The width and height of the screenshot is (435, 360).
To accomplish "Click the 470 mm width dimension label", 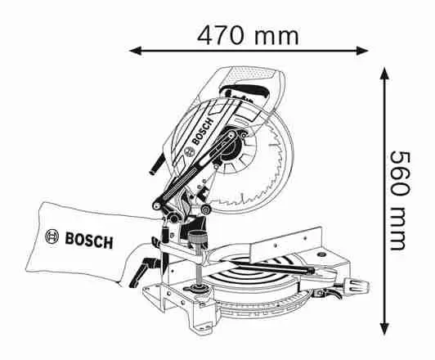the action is [248, 35].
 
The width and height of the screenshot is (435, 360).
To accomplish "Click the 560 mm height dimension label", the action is [401, 200].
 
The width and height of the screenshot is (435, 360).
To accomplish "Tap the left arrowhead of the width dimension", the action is [136, 51].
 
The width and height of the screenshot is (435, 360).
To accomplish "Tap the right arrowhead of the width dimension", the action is [362, 51].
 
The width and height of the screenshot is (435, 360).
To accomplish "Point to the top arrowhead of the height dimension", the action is [384, 74].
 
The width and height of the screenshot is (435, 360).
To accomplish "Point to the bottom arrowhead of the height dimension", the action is [384, 328].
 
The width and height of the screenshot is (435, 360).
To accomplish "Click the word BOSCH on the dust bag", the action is [89, 241].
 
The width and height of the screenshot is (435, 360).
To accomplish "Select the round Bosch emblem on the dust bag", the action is [52, 236].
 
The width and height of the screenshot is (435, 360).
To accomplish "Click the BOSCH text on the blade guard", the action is [203, 131].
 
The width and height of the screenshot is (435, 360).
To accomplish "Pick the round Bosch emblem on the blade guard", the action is [190, 151].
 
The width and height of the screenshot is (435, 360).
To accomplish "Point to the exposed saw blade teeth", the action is [267, 172].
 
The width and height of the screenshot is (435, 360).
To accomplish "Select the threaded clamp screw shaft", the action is [199, 267].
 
